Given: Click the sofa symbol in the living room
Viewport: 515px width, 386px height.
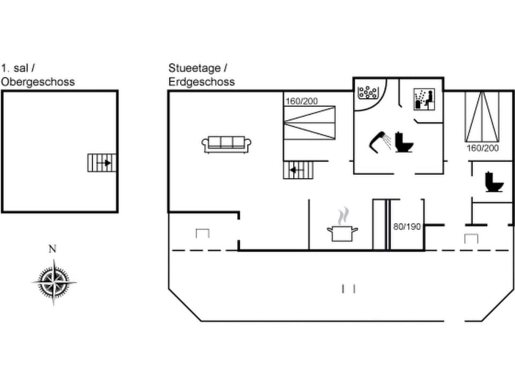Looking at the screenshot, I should pyautogui.click(x=226, y=144).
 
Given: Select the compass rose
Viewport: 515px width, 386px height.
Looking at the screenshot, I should pyautogui.click(x=53, y=281).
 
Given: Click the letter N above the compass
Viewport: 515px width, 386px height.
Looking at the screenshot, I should pyautogui.click(x=52, y=248).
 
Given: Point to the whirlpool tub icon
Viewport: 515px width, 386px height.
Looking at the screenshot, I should pyautogui.click(x=368, y=92).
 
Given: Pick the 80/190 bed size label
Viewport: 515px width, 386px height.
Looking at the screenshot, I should pyautogui.click(x=407, y=227).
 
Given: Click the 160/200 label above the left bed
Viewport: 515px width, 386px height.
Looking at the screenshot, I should pyautogui.click(x=301, y=101).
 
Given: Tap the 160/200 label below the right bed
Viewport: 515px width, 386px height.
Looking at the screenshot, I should pyautogui.click(x=482, y=147).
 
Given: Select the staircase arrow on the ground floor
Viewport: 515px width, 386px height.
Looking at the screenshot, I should pyautogui.click(x=293, y=170).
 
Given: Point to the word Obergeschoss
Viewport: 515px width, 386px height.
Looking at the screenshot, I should pyautogui.click(x=38, y=82).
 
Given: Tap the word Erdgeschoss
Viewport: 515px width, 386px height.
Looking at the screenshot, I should pyautogui.click(x=201, y=82).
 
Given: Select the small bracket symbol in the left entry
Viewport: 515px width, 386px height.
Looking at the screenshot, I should pyautogui.click(x=202, y=233).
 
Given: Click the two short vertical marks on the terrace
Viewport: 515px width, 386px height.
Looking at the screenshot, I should pyautogui.click(x=349, y=289).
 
